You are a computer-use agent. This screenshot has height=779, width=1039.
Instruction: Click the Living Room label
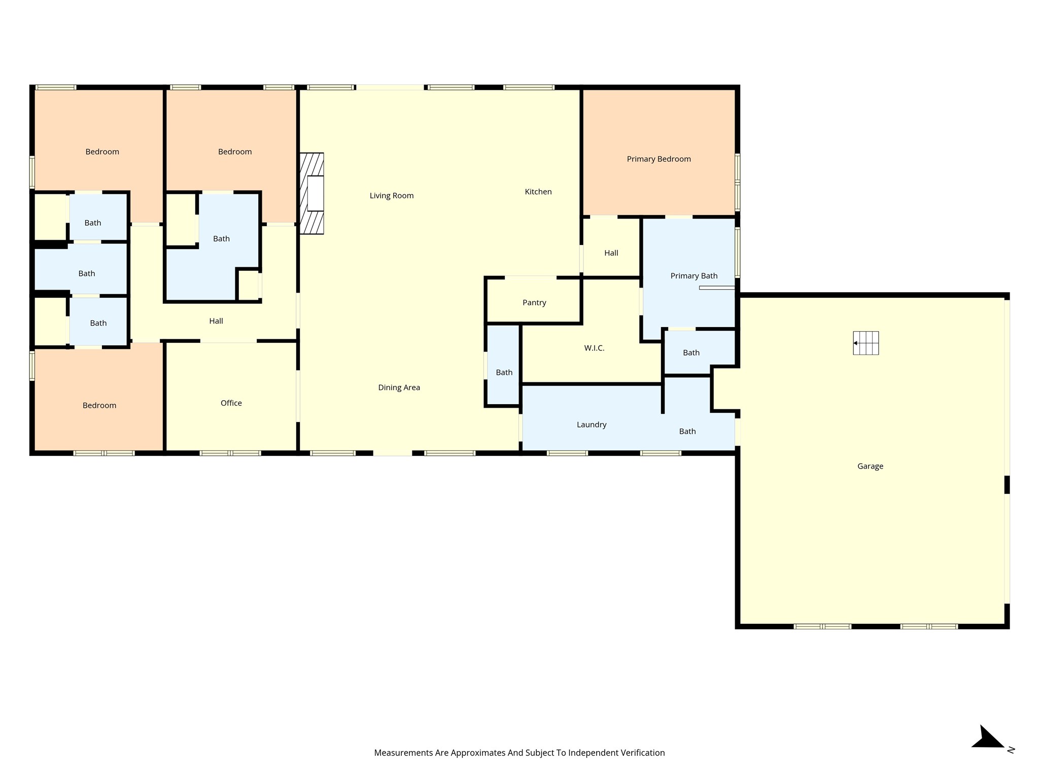pyautogui.click(x=392, y=196)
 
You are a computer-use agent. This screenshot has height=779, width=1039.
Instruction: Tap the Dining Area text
pyautogui.click(x=399, y=387)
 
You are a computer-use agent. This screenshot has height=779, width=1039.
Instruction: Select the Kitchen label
pyautogui.click(x=538, y=192)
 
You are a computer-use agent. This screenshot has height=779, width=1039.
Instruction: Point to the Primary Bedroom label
pyautogui.click(x=659, y=159)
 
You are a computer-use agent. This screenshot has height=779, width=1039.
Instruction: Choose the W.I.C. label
pyautogui.click(x=594, y=348)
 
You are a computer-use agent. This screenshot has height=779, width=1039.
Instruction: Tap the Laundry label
pyautogui.click(x=592, y=425)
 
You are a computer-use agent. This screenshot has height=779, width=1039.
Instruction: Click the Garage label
pyautogui.click(x=871, y=467)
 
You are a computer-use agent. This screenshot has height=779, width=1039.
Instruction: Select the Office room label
pyautogui.click(x=231, y=403)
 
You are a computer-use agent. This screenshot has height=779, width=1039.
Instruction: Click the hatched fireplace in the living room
pyautogui.click(x=312, y=193)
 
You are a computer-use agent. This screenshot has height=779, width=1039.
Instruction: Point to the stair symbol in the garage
pyautogui.click(x=866, y=343)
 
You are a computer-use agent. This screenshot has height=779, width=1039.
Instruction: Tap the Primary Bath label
pyautogui.click(x=694, y=276)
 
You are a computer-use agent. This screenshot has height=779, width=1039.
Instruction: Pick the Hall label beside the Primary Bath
pyautogui.click(x=611, y=253)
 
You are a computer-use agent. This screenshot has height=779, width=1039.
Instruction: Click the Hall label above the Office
pyautogui.click(x=216, y=321)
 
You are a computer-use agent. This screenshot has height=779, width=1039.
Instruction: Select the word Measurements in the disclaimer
pyautogui.click(x=404, y=753)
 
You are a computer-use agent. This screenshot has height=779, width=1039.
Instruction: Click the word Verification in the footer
pyautogui.click(x=641, y=753)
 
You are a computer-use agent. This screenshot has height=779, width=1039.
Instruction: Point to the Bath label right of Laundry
pyautogui.click(x=687, y=432)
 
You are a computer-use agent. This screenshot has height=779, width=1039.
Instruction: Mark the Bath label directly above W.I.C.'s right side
pyautogui.click(x=691, y=353)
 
